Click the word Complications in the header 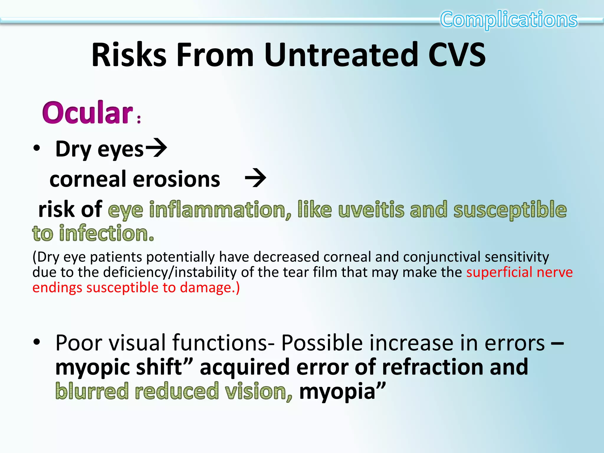click(508, 19)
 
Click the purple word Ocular click(88, 113)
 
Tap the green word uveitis click(371, 210)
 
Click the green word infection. click(106, 234)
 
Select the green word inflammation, click(220, 210)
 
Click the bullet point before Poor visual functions click(37, 342)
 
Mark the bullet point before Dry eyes click(37, 148)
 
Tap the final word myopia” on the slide click(342, 391)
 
